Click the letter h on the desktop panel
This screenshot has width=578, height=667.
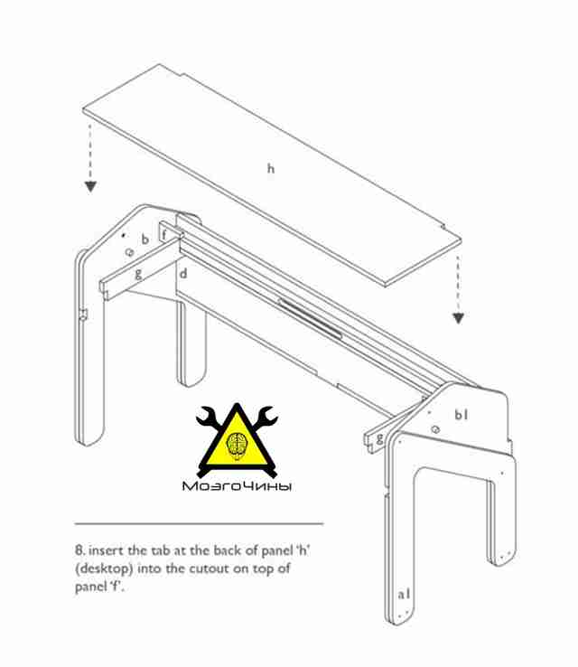tap(271, 168)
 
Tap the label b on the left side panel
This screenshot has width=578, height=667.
tap(145, 240)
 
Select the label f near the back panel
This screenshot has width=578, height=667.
tap(164, 234)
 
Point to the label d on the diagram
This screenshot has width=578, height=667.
tap(183, 273)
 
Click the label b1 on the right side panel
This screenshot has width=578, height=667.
tap(461, 414)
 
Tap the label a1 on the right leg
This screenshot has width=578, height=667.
tap(405, 594)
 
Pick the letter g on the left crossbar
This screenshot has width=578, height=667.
tap(137, 274)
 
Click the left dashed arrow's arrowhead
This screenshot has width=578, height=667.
tap(90, 186)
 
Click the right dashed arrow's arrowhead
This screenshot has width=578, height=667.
tap(458, 318)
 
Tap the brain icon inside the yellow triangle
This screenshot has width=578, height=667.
tap(238, 445)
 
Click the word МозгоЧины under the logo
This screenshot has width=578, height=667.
tap(237, 486)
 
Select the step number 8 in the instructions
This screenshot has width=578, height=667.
tap(79, 550)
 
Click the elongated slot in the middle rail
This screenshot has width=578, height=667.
tap(310, 318)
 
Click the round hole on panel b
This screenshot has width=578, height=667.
tap(129, 252)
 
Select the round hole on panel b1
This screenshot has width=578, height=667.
tap(434, 429)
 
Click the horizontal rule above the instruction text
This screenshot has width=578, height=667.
tap(199, 523)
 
